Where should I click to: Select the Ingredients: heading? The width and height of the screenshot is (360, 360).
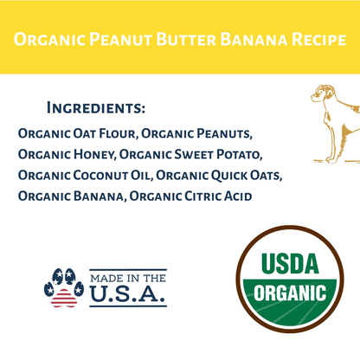point(95,109)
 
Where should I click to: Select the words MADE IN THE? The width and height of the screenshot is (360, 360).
point(127,277)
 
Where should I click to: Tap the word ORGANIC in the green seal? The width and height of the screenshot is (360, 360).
point(290,291)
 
